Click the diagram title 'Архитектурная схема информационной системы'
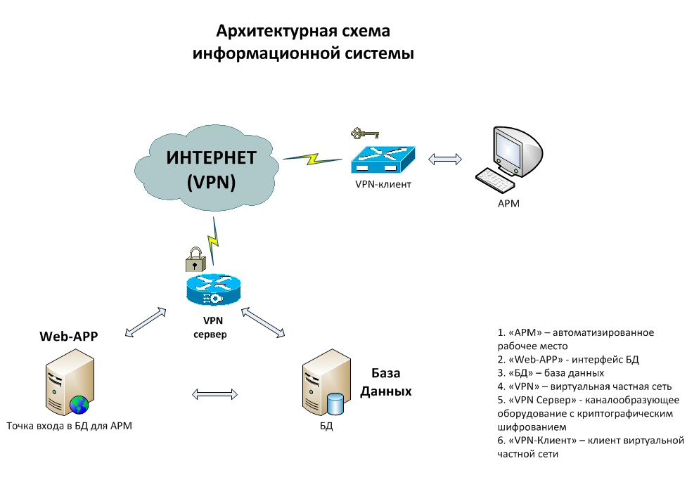pyautogui.click(x=303, y=42)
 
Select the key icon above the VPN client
pyautogui.click(x=364, y=132)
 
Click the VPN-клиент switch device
pyautogui.click(x=383, y=160)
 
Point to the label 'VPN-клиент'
pyautogui.click(x=383, y=184)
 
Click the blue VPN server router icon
pyautogui.click(x=213, y=289)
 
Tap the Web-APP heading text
pyautogui.click(x=68, y=336)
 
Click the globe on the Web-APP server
pyautogui.click(x=79, y=404)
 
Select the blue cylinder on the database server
pyautogui.click(x=336, y=404)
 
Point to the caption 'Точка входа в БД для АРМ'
pyautogui.click(x=69, y=426)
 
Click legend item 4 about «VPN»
pyautogui.click(x=584, y=386)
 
